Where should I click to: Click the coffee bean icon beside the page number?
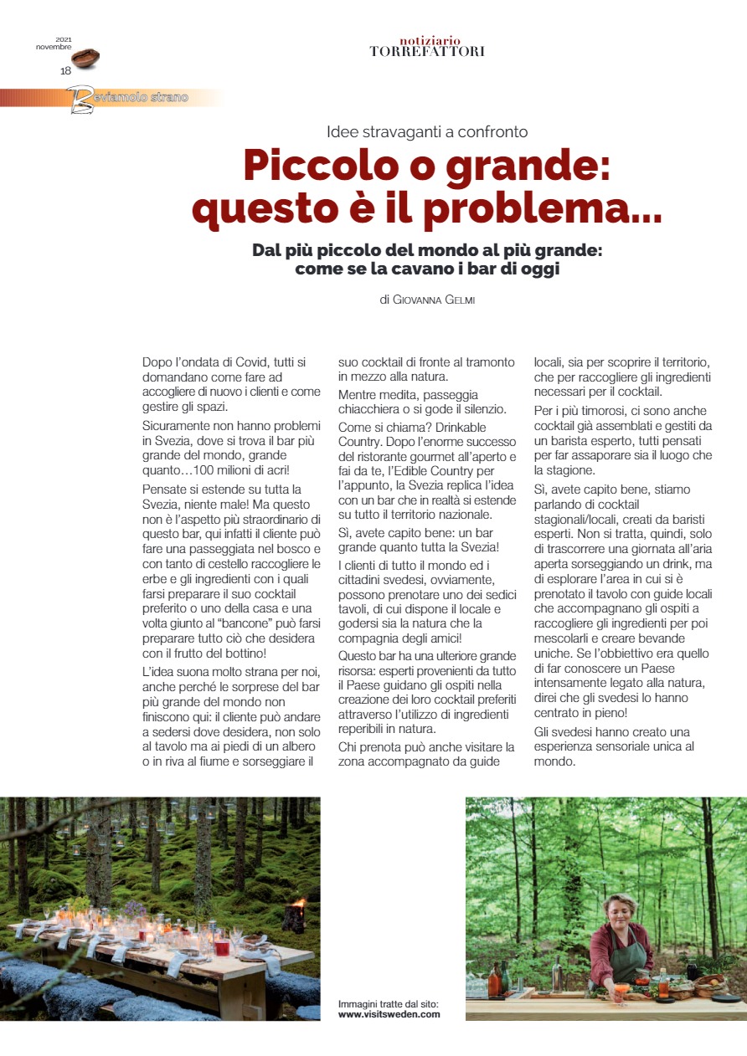click(85, 58)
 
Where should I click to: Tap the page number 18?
click(65, 70)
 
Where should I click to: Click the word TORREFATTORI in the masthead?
click(427, 52)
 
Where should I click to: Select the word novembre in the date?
click(53, 47)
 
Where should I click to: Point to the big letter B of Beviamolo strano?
click(81, 100)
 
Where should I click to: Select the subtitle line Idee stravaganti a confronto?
click(427, 131)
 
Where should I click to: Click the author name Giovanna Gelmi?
click(433, 300)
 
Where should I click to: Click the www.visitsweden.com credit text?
click(389, 1014)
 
